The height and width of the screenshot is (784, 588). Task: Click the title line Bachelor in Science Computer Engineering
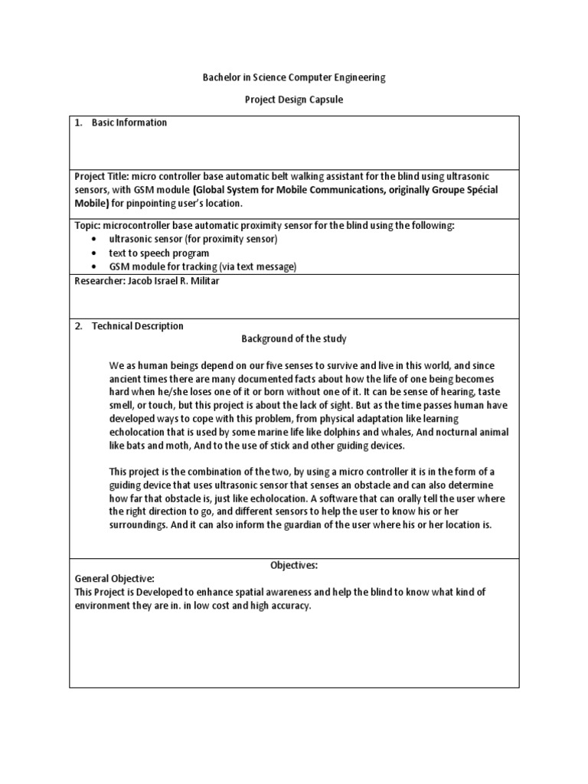[x=294, y=77]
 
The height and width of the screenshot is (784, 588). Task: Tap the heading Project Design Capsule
[x=294, y=100]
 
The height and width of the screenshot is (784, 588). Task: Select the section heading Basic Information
[x=129, y=122]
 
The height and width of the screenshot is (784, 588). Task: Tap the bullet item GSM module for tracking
[x=202, y=266]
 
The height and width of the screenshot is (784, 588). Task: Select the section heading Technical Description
[x=138, y=325]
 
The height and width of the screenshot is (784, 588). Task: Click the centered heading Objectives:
[x=294, y=566]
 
